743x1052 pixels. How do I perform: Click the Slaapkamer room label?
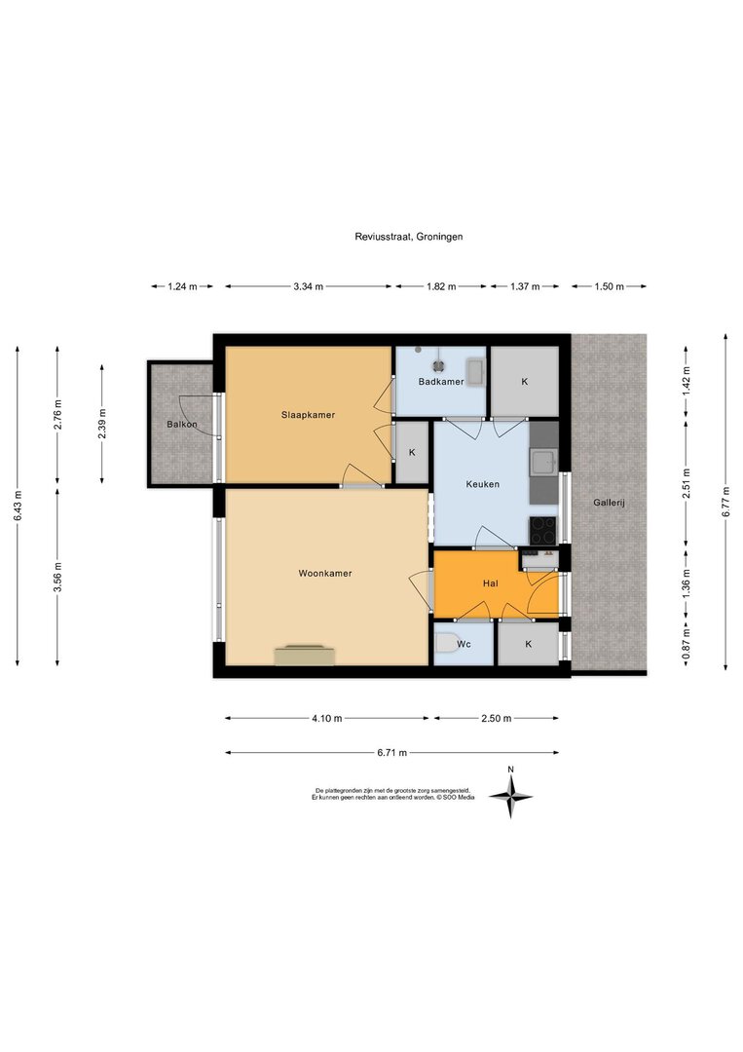click(x=308, y=415)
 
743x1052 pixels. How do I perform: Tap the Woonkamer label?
click(x=325, y=573)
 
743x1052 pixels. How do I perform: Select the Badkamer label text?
click(x=441, y=382)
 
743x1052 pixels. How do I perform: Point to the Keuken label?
click(x=483, y=484)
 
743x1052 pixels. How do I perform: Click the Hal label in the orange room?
click(x=490, y=583)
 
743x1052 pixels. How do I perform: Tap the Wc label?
click(x=464, y=644)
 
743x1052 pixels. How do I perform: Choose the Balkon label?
click(x=182, y=424)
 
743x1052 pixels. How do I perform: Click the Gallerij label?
click(x=609, y=503)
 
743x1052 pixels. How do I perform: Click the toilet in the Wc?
click(x=444, y=644)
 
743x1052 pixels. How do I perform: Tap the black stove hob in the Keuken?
click(x=543, y=530)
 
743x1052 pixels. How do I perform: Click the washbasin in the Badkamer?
click(x=476, y=372)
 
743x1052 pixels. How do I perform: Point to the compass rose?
click(x=510, y=797)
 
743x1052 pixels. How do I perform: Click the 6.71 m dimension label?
click(x=392, y=753)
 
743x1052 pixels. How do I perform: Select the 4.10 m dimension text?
click(x=326, y=719)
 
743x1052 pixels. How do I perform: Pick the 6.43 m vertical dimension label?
click(x=19, y=506)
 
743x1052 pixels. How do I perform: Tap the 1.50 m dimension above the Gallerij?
click(x=609, y=286)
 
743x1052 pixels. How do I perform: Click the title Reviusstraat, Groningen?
click(x=409, y=236)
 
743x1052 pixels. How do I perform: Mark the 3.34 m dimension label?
click(x=308, y=286)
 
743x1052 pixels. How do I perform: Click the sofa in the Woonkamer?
click(x=305, y=655)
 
